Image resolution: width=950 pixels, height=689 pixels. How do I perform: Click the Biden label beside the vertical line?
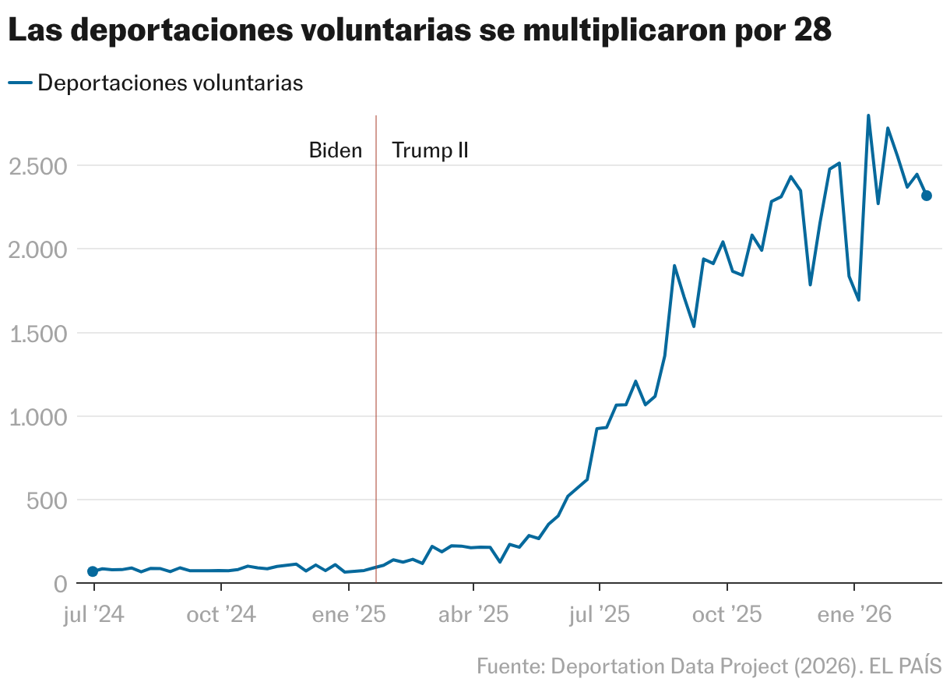point(336,150)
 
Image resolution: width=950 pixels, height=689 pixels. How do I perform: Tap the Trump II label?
point(430,150)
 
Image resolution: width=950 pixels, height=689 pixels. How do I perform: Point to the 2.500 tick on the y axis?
point(37,167)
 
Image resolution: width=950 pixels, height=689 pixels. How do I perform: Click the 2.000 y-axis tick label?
point(37,250)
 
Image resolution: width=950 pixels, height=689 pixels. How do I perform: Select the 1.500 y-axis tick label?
point(37,334)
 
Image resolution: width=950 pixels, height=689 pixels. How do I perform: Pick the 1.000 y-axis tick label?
point(37,417)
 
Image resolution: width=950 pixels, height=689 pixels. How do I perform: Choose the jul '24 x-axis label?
point(94,615)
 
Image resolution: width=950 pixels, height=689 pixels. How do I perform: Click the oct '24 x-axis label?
point(221,615)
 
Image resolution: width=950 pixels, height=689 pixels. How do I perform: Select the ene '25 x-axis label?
point(348,615)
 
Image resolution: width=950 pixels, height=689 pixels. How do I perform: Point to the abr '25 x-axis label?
point(473,615)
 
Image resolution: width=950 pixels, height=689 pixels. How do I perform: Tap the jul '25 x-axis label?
point(600,615)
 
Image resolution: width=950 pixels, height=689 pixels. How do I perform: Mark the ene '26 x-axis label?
point(854,615)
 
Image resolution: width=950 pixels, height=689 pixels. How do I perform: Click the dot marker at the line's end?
point(927,196)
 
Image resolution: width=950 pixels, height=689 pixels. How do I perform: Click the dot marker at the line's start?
point(93,571)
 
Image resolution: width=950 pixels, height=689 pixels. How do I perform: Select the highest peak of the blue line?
point(868,115)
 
